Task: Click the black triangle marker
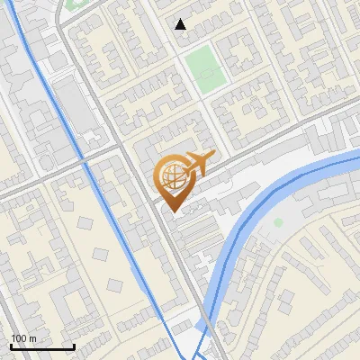[181, 24]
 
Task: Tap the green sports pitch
[204, 69]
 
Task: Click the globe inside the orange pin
[171, 175]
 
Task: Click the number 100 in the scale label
[19, 337]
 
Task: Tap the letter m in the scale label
[32, 337]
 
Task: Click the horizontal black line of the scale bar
[42, 347]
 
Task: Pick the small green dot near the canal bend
[278, 221]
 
